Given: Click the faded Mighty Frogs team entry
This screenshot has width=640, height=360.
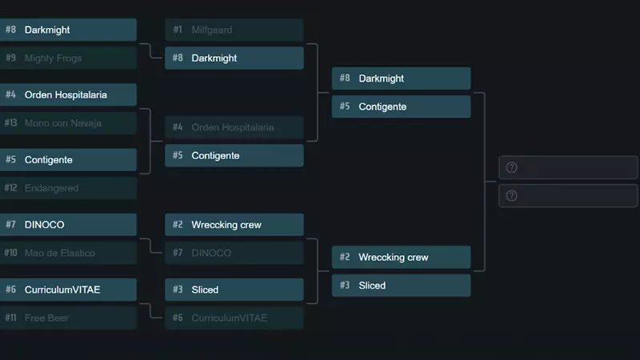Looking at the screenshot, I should tap(53, 58).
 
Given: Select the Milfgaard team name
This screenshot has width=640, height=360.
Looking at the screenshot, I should tap(212, 30).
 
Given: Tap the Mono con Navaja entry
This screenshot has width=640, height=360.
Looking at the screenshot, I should tap(62, 123).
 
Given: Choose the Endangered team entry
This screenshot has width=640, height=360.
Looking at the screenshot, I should tap(51, 188).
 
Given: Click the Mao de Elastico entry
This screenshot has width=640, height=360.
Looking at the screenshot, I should tap(59, 253).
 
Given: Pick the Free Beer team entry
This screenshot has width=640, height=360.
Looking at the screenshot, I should tap(46, 318).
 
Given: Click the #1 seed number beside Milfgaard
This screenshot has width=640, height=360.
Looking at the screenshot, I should tap(178, 30).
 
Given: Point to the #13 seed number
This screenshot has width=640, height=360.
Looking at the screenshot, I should tap(10, 123).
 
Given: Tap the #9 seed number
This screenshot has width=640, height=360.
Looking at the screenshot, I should tap(10, 58).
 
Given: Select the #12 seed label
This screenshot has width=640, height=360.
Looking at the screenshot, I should tap(10, 188).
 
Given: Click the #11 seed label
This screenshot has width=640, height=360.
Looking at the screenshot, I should tap(10, 318).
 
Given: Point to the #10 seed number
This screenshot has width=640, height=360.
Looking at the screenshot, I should tap(10, 253).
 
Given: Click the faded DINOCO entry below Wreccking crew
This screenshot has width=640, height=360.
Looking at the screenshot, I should tap(211, 253).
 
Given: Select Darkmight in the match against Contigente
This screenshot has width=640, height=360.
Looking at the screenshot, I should tap(381, 78).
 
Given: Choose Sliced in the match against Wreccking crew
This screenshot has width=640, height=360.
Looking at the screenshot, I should tap(372, 286).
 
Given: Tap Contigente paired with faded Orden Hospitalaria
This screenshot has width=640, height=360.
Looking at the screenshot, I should tap(215, 155).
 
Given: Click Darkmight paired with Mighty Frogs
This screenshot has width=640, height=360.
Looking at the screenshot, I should tap(47, 30).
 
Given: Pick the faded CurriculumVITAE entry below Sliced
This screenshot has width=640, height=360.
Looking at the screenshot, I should tap(229, 318).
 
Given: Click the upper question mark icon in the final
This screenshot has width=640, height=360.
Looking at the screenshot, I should tap(512, 167).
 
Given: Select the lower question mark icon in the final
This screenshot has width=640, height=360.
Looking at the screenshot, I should tap(512, 196).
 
